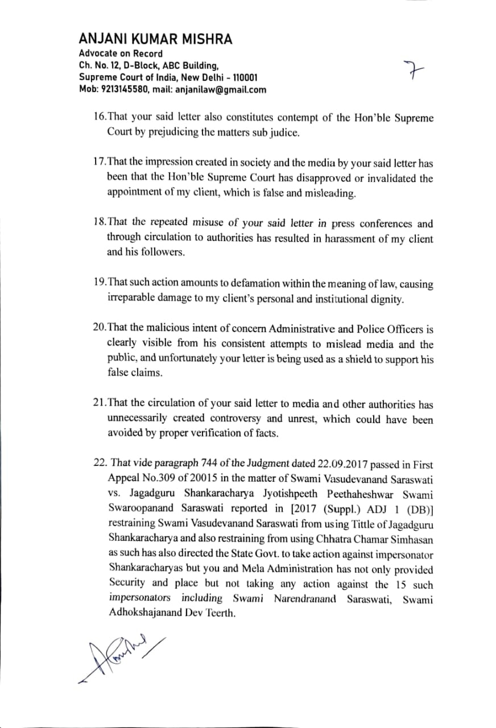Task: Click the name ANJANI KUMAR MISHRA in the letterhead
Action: (155, 39)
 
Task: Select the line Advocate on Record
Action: (121, 53)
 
